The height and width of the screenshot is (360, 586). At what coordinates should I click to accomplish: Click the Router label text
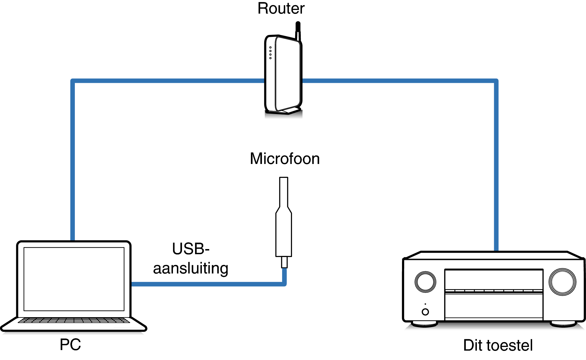click(x=281, y=9)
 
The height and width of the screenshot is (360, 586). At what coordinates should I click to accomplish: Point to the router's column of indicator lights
click(x=270, y=53)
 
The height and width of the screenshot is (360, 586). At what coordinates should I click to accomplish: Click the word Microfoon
click(x=285, y=159)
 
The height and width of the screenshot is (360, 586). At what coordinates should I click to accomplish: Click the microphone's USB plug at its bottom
click(x=284, y=262)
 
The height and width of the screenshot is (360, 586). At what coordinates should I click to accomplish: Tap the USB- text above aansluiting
click(x=191, y=249)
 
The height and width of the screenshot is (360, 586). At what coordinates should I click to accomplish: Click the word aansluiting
click(x=191, y=268)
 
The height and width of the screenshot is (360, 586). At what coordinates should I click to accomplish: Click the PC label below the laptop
click(x=70, y=345)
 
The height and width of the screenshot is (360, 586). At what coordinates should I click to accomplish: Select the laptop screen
click(x=74, y=279)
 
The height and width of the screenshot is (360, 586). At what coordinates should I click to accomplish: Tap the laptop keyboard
click(x=74, y=320)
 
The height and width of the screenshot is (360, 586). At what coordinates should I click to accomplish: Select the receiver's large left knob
click(x=425, y=282)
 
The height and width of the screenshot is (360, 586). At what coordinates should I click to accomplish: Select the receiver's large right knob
click(x=562, y=282)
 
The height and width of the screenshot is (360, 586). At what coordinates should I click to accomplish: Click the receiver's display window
click(x=494, y=279)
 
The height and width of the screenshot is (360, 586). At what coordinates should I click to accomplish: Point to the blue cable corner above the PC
click(x=73, y=81)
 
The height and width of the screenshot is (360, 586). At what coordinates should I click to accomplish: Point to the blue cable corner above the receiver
click(x=496, y=81)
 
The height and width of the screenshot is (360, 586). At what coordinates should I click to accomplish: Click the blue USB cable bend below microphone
click(x=284, y=284)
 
